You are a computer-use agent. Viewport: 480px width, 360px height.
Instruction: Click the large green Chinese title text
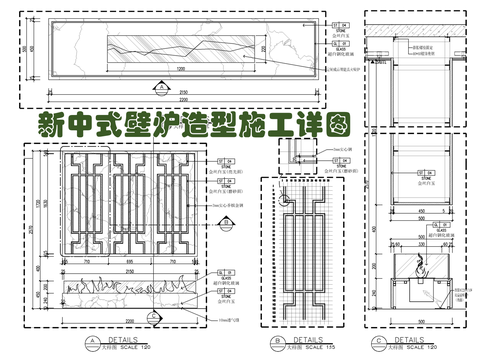coord(194,124)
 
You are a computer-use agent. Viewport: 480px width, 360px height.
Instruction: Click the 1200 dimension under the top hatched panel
coord(181,68)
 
